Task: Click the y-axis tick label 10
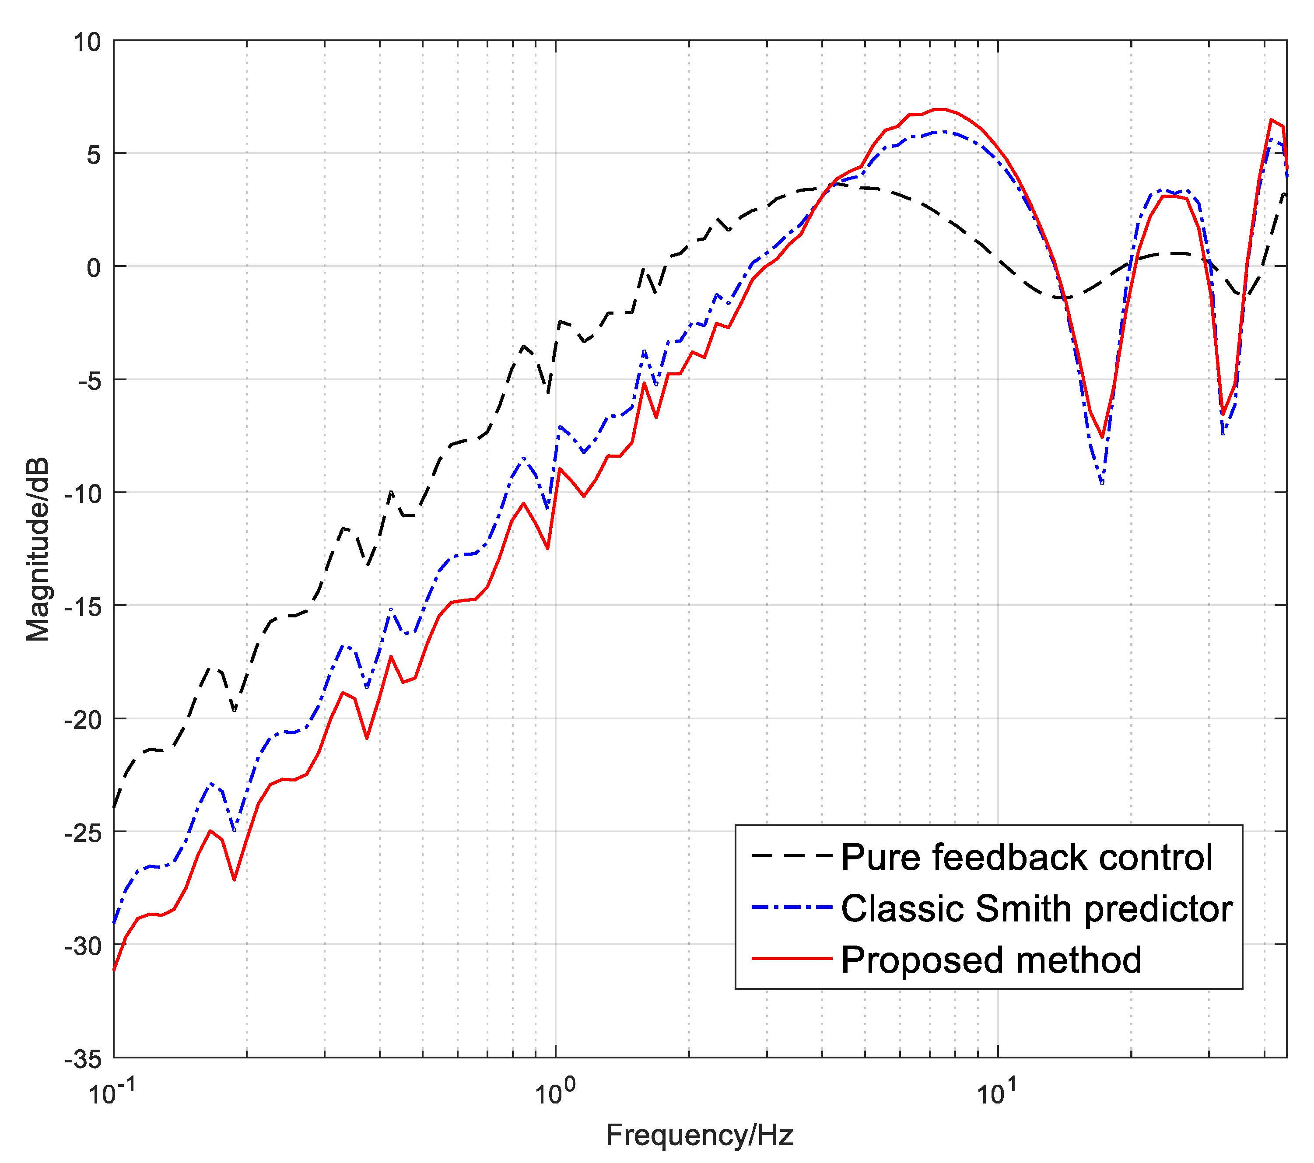87,42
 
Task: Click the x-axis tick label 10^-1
111,1092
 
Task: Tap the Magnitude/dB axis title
37,550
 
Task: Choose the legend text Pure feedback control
1026,858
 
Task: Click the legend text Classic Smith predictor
1036,909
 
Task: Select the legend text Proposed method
991,960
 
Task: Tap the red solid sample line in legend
792,959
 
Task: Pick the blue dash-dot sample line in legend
792,908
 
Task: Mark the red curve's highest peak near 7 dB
940,109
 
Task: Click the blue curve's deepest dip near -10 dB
1102,483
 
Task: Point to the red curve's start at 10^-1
115,969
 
